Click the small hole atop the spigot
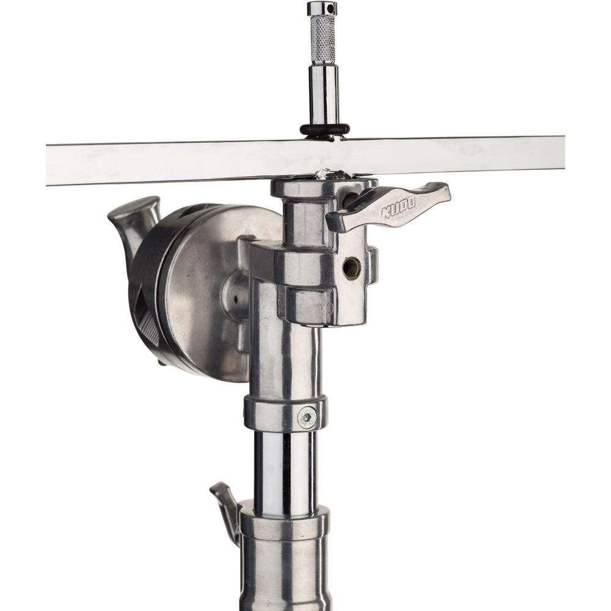point(332,7)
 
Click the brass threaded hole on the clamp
point(351,267)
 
